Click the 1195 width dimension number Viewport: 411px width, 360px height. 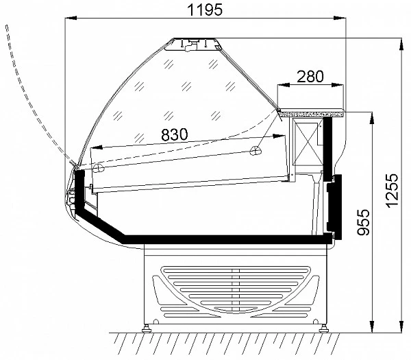pos(205,10)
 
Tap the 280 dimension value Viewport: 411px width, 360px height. pos(310,76)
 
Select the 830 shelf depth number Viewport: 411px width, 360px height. pos(175,134)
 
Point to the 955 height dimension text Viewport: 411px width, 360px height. pos(364,222)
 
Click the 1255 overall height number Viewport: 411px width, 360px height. pos(393,191)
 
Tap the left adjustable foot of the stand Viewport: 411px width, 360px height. pos(147,328)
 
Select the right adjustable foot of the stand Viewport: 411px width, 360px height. pos(324,328)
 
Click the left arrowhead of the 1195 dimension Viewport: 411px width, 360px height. pos(71,18)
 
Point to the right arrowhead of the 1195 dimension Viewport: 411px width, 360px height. pos(340,18)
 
